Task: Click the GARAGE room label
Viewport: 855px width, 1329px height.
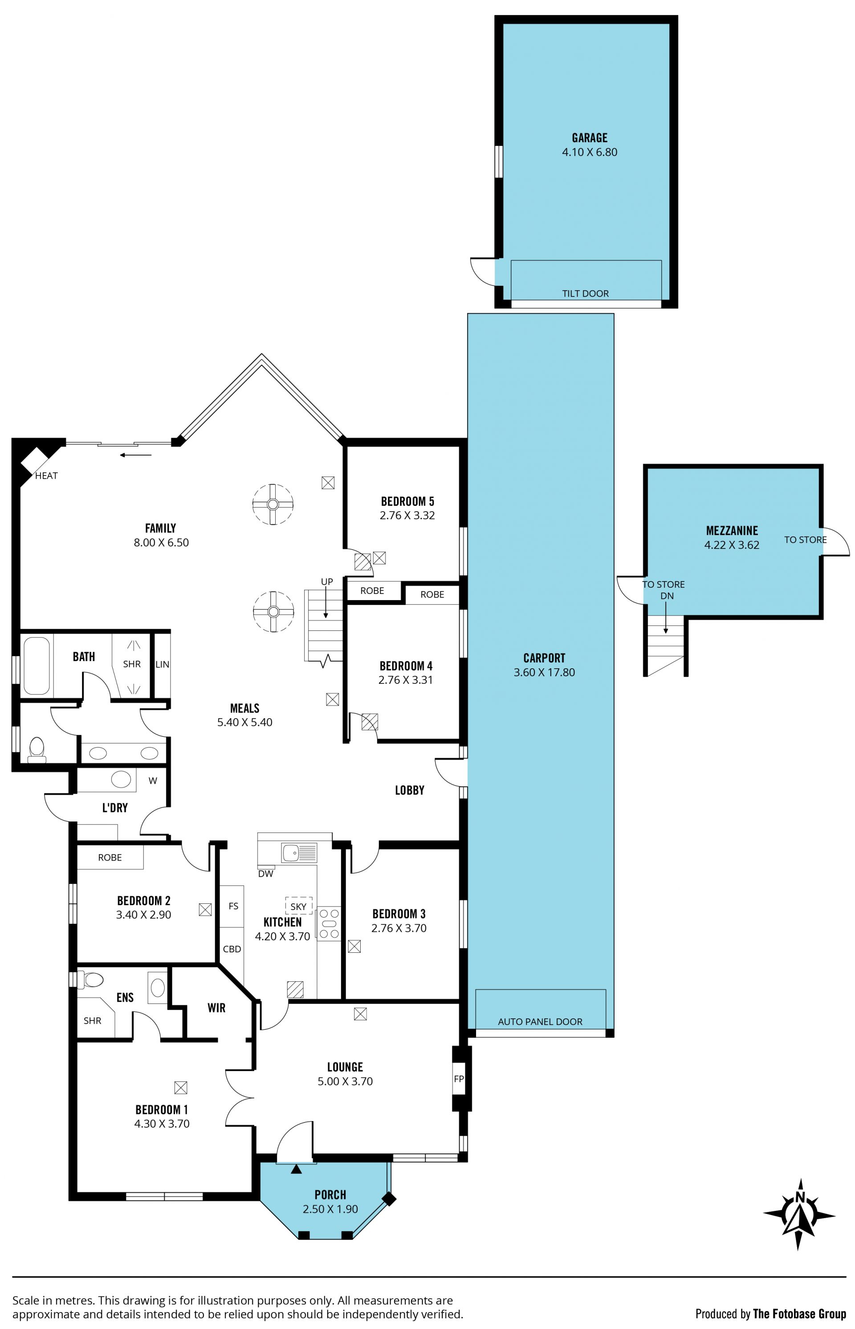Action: [x=590, y=138]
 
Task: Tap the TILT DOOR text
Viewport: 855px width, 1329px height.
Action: [x=585, y=294]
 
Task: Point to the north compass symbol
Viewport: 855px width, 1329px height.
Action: [x=799, y=1215]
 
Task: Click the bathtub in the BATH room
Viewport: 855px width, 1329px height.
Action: [x=37, y=666]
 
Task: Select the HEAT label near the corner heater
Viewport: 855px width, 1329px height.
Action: [x=46, y=476]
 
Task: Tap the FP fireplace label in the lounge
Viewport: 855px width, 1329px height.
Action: [x=459, y=1079]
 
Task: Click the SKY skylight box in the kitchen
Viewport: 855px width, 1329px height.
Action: [x=299, y=906]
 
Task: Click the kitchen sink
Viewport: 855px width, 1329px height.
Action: [x=299, y=853]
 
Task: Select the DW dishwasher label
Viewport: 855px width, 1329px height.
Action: [x=266, y=874]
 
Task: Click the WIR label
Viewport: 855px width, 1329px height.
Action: [x=216, y=1008]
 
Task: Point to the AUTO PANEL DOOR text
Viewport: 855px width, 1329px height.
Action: [x=540, y=1021]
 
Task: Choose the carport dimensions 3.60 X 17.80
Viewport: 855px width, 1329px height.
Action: [x=544, y=672]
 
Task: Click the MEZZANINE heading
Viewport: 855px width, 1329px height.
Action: [x=732, y=531]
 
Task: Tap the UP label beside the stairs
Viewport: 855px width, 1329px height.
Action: [x=327, y=582]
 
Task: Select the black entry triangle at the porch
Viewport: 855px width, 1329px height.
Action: [x=297, y=1169]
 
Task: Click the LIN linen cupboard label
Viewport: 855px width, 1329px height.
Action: [x=162, y=664]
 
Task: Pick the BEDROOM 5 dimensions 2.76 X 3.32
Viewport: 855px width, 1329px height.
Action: [x=407, y=516]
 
